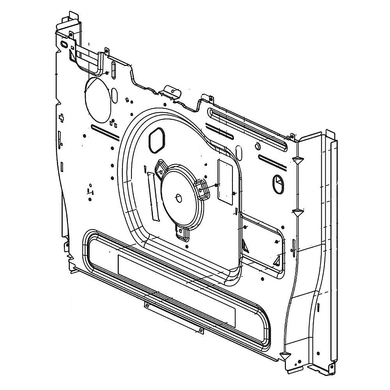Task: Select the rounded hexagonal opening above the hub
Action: coord(156,140)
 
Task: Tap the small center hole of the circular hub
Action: coord(179,198)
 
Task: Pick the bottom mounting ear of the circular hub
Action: coord(182,233)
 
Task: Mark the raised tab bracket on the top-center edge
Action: coord(170,92)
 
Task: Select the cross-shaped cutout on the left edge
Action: coord(61,118)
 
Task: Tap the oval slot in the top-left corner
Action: coord(64,45)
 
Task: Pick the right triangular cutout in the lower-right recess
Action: coord(277,261)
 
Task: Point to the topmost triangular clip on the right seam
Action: coord(298,160)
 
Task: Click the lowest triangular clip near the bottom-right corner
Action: coord(285,356)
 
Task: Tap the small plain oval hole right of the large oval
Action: coord(114,95)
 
